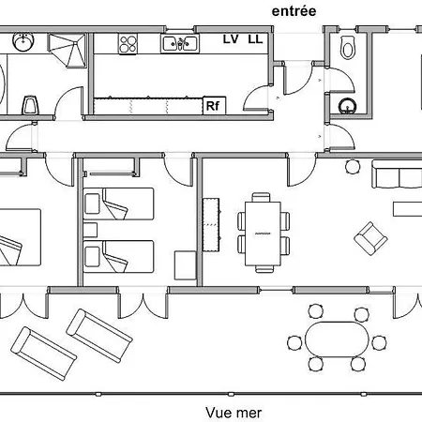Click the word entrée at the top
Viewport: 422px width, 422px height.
pos(294,11)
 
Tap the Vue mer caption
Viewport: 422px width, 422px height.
pos(234,413)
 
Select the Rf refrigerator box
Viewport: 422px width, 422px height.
pos(214,106)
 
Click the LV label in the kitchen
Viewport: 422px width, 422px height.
pos(231,39)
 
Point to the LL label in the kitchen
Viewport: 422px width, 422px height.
pos(255,39)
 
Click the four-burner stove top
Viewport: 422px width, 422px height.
pos(128,44)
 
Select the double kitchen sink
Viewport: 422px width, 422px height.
pos(180,43)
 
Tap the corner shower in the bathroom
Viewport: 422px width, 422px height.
pos(67,50)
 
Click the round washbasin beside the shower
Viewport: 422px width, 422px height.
pos(23,41)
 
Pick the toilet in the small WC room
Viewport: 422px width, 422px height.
pos(347,48)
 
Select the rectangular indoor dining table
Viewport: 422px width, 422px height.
pos(263,234)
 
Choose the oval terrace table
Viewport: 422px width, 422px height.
pos(337,339)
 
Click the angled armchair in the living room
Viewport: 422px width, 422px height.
pos(370,238)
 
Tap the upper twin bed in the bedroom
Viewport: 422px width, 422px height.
pos(118,203)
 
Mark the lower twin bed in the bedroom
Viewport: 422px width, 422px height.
pos(118,256)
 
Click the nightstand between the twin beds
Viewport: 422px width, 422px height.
pos(90,230)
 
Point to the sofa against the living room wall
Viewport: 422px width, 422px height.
pos(397,173)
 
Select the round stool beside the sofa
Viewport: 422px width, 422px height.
pos(353,167)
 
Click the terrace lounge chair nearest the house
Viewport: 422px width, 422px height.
pos(99,336)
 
